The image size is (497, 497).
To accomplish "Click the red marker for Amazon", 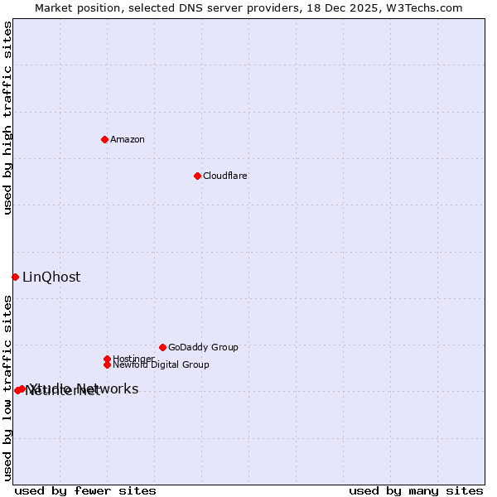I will (105, 139).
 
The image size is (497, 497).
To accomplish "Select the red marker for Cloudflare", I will (197, 176).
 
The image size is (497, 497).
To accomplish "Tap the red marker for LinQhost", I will (15, 277).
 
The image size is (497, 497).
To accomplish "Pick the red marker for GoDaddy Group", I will (162, 347).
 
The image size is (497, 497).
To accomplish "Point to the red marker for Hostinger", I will (107, 359).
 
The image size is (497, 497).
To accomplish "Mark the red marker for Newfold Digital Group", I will (107, 364).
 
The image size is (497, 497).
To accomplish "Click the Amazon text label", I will (128, 139).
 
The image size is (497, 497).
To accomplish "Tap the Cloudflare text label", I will (224, 176).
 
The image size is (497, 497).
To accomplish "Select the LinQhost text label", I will (51, 277).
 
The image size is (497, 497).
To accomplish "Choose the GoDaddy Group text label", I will (203, 347).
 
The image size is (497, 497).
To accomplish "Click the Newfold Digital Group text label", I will (161, 364).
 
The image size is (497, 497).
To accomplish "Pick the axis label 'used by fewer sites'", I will (85, 490).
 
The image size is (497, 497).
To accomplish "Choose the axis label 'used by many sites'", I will (416, 490).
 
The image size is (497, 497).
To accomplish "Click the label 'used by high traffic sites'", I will (7, 118).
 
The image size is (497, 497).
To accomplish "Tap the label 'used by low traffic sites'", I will (7, 388).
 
